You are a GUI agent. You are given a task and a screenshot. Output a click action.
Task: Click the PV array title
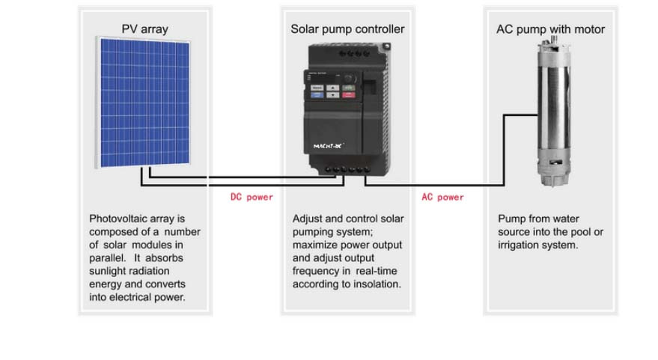pos(144,29)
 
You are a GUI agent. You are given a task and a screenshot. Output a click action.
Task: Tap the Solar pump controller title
pos(347,29)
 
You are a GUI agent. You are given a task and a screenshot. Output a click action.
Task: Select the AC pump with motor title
pos(550,29)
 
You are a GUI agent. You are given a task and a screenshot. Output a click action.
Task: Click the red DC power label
pos(252,197)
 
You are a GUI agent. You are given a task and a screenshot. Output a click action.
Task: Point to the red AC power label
pos(442,197)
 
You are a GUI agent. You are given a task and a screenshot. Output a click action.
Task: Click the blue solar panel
pos(144,103)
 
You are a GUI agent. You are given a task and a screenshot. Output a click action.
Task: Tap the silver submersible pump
pos(554,112)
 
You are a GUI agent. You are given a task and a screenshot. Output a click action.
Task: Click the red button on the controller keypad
pos(349,95)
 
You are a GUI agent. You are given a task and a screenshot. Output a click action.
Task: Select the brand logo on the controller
pos(328,146)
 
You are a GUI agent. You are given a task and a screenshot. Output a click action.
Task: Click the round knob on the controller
pos(348,79)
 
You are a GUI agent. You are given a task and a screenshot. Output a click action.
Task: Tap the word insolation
pos(377,284)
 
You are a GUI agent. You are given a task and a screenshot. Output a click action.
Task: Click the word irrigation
pos(519,245)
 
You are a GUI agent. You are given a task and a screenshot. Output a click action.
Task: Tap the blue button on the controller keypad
pos(317,95)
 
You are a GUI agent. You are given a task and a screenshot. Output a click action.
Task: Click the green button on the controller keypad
pos(349,88)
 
